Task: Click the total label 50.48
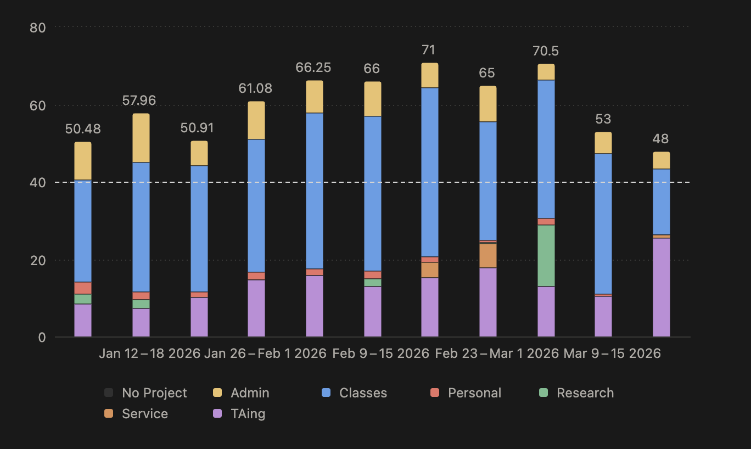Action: (x=83, y=130)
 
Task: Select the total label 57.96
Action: (x=139, y=101)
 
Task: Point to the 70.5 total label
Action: (x=546, y=52)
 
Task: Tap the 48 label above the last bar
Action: (x=661, y=139)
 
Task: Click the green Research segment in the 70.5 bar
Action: (x=546, y=256)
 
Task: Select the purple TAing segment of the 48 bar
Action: (x=662, y=287)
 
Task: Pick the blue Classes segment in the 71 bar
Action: (x=430, y=172)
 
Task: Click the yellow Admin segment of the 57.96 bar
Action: (x=141, y=138)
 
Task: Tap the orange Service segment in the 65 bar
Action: (x=488, y=255)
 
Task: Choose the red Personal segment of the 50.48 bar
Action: (x=83, y=288)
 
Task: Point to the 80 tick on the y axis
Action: (x=38, y=27)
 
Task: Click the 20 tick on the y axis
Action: (x=38, y=260)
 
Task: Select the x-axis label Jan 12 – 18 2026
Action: (x=150, y=353)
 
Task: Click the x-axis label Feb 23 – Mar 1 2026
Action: (x=497, y=353)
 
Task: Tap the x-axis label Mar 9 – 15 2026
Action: (x=612, y=353)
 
